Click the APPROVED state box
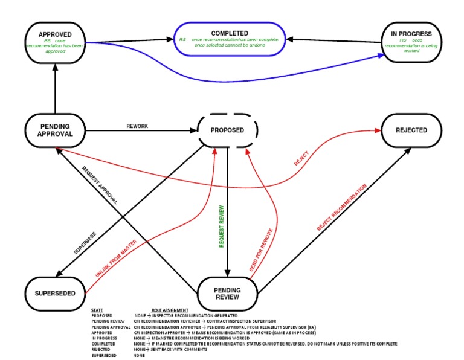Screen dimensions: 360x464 [55, 42]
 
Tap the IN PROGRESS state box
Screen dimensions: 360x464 [411, 42]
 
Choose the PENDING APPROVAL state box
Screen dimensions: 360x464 [55, 130]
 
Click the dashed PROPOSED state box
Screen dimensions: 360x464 [228, 130]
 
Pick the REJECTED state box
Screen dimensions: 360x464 [411, 130]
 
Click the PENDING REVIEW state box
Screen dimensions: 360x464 [228, 293]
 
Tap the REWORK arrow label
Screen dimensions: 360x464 [137, 126]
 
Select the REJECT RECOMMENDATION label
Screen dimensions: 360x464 [341, 208]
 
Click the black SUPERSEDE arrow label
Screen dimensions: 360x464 [85, 242]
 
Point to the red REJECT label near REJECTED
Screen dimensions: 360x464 [301, 159]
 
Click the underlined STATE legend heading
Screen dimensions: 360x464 [97, 310]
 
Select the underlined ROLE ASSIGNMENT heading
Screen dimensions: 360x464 [170, 310]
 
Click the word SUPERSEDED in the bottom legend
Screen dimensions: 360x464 [105, 355]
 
